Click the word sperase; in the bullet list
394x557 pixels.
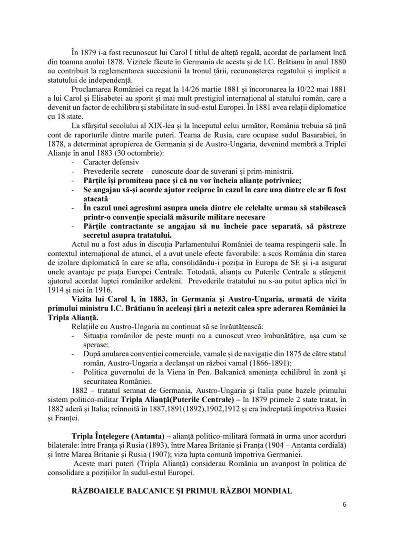click(x=96, y=344)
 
